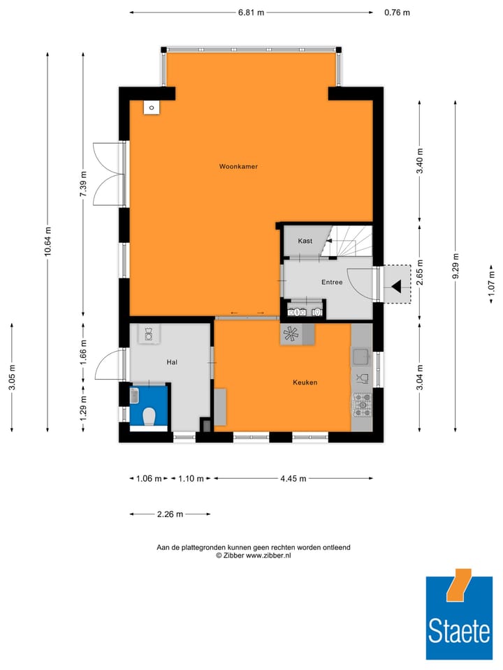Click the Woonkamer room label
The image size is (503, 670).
coord(233,167)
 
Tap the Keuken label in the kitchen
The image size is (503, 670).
coord(305,382)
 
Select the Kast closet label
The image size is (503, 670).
coord(305,241)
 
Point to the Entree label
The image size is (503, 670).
coord(332,283)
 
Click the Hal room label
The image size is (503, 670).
coord(172,362)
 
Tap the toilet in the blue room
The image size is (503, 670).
coord(148,416)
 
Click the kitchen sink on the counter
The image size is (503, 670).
coord(361,357)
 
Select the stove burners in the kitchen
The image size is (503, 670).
coord(362,403)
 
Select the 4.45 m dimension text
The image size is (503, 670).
coord(293,479)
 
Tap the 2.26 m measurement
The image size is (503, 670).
coord(170,514)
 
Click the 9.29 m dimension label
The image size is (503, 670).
coord(455,265)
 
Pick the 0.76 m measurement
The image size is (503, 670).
coord(397,13)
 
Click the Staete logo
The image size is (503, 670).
coord(458,618)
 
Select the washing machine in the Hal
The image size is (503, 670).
coord(148,335)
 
